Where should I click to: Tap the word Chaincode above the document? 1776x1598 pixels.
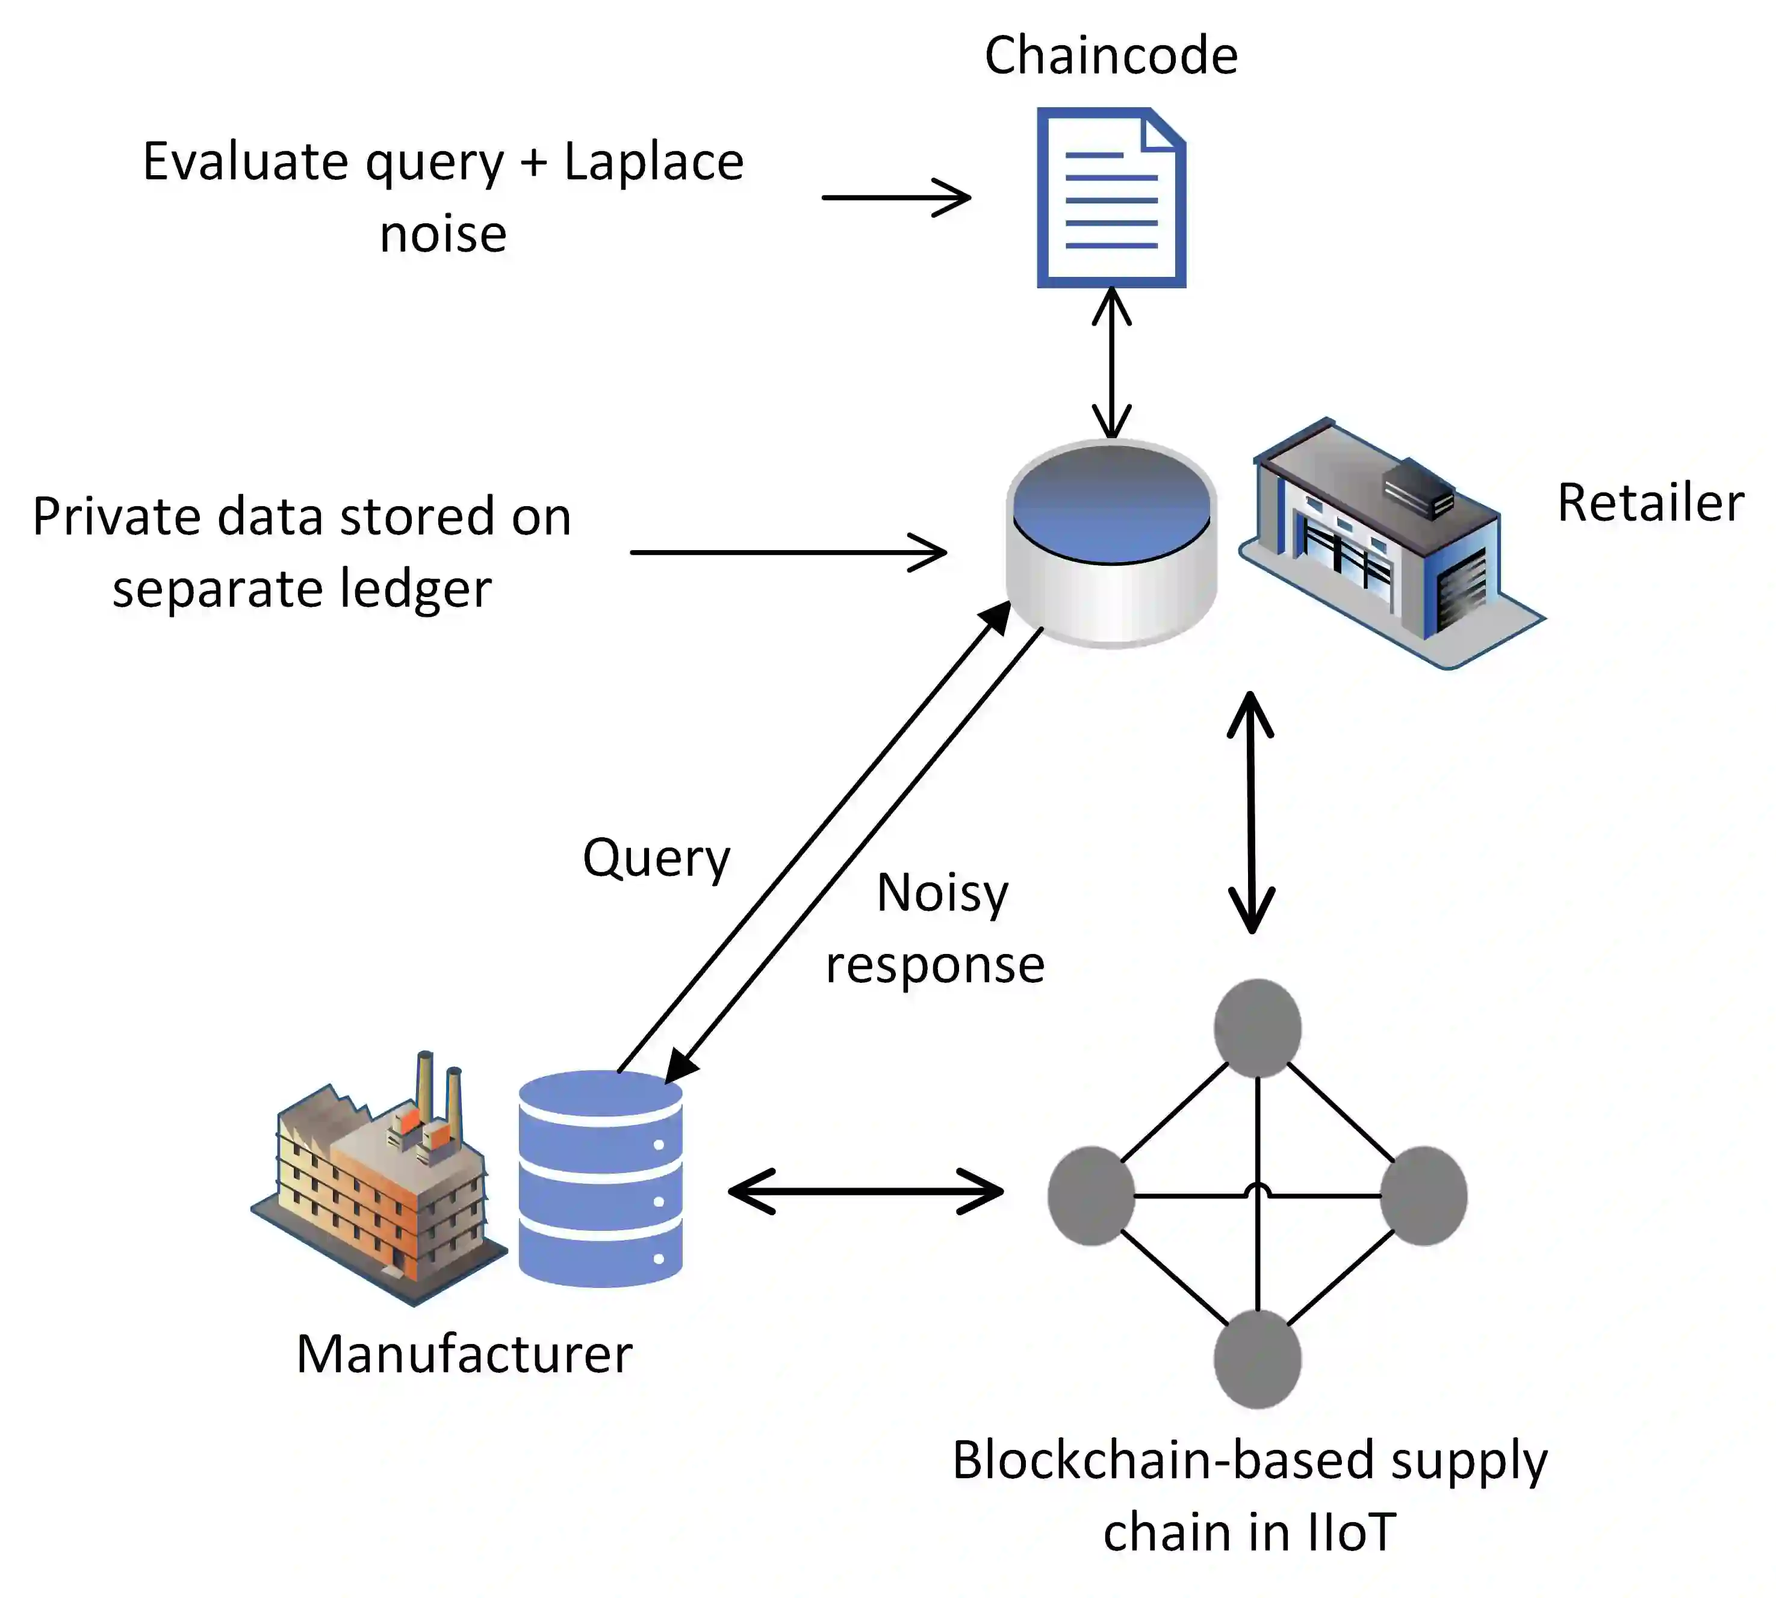(x=1111, y=55)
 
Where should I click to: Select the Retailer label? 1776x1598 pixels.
(x=1650, y=503)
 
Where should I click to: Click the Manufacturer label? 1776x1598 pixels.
(x=464, y=1354)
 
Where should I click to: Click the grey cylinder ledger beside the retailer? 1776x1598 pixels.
(x=1111, y=544)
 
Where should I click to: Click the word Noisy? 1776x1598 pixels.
(x=942, y=893)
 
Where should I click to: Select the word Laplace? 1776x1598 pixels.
(x=653, y=163)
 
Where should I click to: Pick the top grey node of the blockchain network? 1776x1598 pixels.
(x=1258, y=1028)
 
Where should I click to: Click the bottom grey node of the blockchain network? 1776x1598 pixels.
(x=1258, y=1359)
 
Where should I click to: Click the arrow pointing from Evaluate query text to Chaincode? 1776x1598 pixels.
(x=896, y=197)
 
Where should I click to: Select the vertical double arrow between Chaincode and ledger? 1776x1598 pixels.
(x=1112, y=362)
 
